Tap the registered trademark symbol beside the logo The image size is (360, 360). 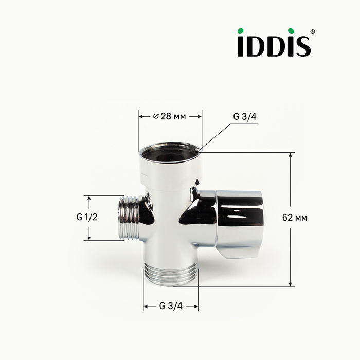pos(313,32)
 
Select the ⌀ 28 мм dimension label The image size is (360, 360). pos(169,116)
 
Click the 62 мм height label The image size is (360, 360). pos(295,218)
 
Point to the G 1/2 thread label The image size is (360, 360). pos(87,217)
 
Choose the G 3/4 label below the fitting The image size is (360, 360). pos(171,306)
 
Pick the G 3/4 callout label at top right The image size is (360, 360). pos(244,117)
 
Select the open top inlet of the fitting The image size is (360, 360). pos(170,153)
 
